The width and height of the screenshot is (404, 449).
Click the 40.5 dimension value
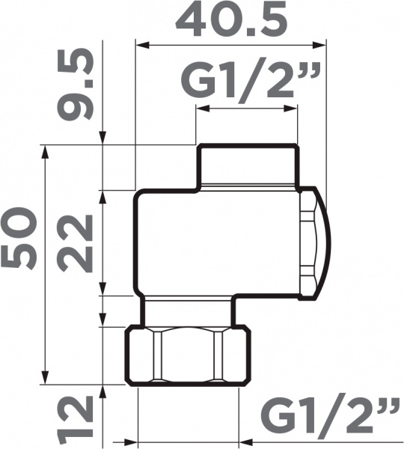click(232, 20)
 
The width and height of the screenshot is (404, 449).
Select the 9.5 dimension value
click(76, 85)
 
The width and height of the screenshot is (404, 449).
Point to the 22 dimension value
click(76, 242)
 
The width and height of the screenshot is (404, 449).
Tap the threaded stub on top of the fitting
click(248, 166)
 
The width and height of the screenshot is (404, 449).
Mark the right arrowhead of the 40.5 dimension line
click(323, 46)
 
